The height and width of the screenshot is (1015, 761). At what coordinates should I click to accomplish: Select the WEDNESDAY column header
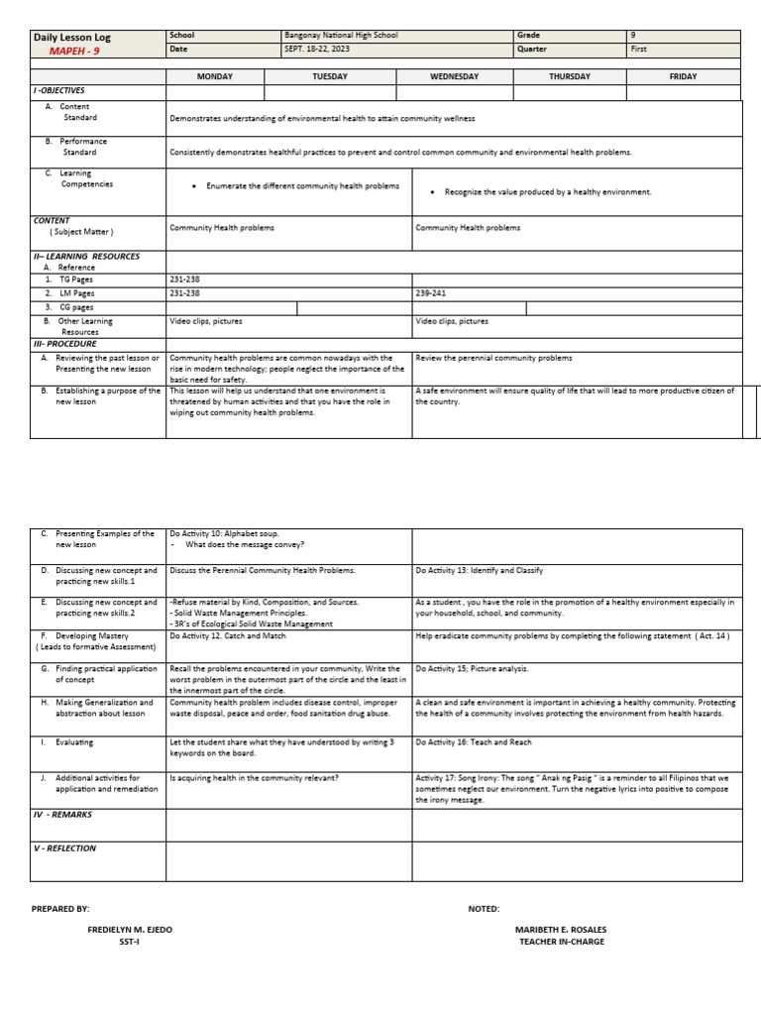tap(454, 76)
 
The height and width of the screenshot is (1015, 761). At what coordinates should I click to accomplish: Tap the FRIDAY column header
tap(683, 76)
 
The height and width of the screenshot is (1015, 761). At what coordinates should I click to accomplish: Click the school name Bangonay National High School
tap(341, 36)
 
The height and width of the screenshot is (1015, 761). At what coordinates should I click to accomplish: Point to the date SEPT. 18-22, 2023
tap(317, 49)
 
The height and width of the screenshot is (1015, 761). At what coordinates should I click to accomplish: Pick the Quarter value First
tap(638, 49)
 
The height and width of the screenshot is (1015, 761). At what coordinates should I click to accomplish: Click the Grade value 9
tap(633, 36)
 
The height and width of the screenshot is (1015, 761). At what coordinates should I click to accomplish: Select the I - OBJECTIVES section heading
tap(59, 90)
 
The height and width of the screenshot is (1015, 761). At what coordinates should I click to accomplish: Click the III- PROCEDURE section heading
tap(65, 344)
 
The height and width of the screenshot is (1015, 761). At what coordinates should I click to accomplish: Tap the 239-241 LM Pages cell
tap(431, 293)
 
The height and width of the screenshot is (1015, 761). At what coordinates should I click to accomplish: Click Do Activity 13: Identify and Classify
tap(480, 571)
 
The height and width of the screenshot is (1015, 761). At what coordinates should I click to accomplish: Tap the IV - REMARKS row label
tap(63, 814)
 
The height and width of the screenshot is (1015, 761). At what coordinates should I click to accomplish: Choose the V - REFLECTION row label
tap(65, 848)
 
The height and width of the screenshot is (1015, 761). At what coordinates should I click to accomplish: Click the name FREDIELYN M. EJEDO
tap(130, 930)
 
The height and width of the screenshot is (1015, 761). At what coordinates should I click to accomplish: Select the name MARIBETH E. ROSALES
tap(561, 930)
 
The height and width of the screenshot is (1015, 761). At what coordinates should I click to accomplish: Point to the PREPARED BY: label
tap(60, 908)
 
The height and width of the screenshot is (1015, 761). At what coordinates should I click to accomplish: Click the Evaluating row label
tap(74, 741)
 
